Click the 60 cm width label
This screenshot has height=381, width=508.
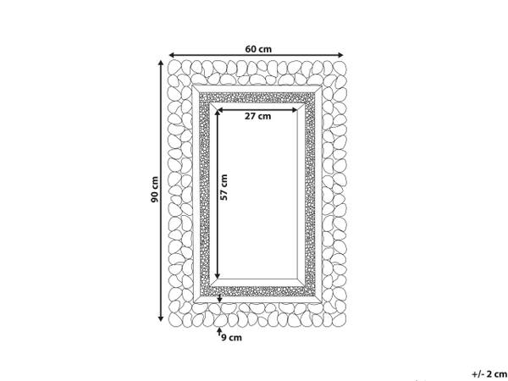point(258,49)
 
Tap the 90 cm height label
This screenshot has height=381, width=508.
point(155,190)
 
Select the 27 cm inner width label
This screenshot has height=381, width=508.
point(257,116)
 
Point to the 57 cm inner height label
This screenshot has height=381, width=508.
point(224,187)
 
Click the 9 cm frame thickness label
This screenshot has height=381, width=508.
point(232,338)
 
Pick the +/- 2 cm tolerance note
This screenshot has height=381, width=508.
point(489,374)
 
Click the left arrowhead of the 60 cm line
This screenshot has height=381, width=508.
point(172,55)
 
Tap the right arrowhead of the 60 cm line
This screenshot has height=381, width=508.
point(340,55)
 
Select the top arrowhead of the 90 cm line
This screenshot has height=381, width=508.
point(160,63)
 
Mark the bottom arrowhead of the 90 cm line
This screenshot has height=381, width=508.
point(160,319)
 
